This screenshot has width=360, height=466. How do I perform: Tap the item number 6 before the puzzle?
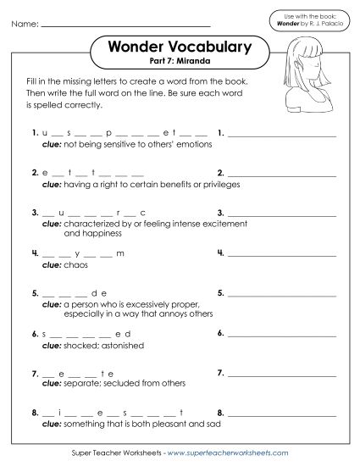(32, 333)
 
